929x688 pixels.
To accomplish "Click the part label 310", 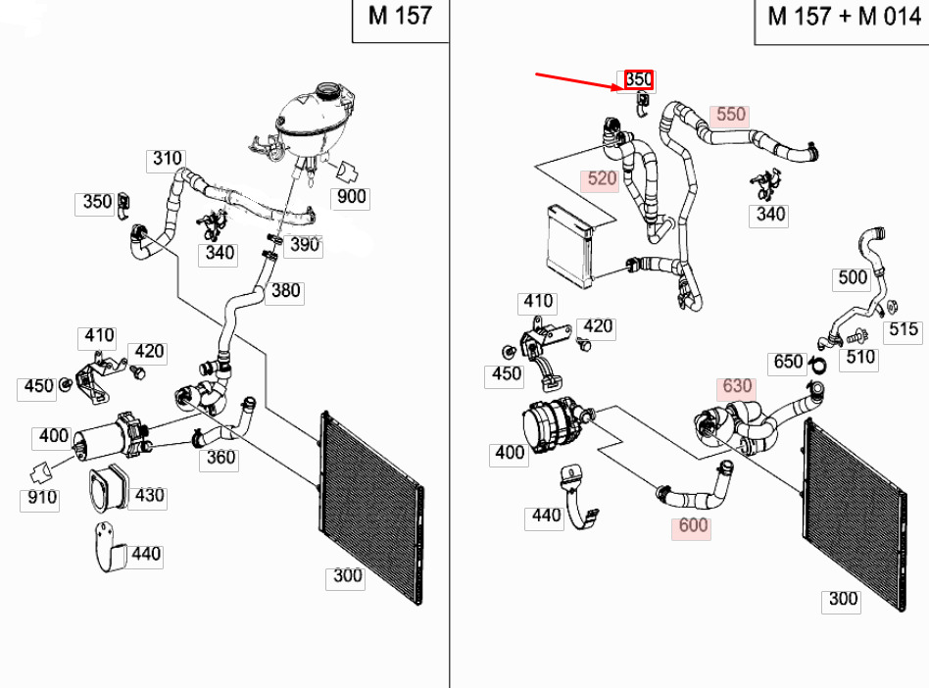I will [x=167, y=159].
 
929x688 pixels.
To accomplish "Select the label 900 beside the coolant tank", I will [x=351, y=197].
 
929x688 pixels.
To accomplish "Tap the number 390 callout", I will [x=306, y=244].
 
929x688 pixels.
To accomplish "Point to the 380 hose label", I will [x=285, y=290].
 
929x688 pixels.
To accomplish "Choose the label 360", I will [x=221, y=456].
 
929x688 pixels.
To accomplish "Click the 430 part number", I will [x=149, y=495].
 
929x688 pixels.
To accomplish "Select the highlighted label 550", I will [x=730, y=114].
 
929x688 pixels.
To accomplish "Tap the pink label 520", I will [x=601, y=179].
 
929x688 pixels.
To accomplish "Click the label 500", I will [x=853, y=277].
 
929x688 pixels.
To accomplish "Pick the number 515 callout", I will [x=903, y=329].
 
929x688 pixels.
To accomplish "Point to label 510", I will [x=860, y=357].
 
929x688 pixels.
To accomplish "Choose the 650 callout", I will [x=789, y=362].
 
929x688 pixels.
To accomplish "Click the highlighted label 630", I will [x=737, y=386].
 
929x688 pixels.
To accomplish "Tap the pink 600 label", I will [x=693, y=525].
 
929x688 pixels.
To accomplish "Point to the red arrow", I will [x=578, y=82].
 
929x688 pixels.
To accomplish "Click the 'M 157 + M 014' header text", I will [x=841, y=17].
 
